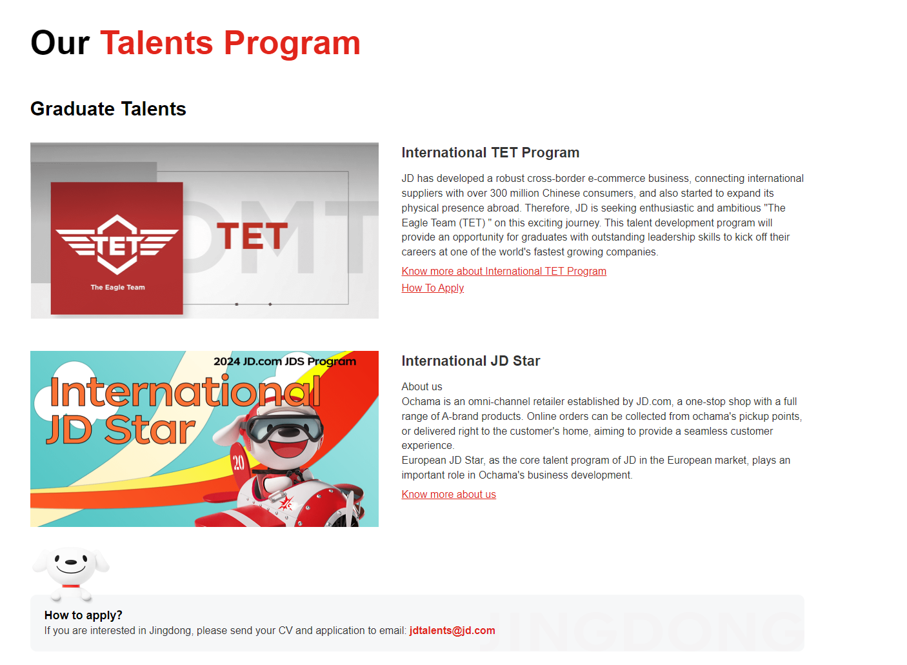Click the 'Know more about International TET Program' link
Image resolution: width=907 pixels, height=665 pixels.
point(504,271)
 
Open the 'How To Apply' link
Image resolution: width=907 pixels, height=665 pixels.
point(432,288)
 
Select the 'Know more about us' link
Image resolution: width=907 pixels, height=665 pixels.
point(448,494)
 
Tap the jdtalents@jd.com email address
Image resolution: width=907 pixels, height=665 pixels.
point(452,631)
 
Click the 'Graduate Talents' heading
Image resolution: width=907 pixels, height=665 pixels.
point(108,109)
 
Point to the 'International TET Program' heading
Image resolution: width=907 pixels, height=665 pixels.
point(490,153)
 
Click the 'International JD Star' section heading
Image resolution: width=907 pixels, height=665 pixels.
point(470,361)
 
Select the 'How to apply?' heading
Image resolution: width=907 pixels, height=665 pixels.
point(83,615)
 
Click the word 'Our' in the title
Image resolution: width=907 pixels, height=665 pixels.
point(60,43)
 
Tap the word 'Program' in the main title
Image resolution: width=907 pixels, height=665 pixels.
point(292,44)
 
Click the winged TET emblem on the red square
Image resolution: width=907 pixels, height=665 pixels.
point(117,244)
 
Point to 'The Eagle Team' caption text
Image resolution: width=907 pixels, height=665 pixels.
point(117,288)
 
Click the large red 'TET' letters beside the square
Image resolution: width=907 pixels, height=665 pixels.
point(252,235)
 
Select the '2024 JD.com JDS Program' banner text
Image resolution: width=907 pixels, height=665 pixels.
point(284,361)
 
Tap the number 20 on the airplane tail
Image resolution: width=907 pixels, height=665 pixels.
point(238,462)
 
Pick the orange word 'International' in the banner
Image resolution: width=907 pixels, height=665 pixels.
point(185,392)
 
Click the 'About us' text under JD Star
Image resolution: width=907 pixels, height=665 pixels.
point(421,386)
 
